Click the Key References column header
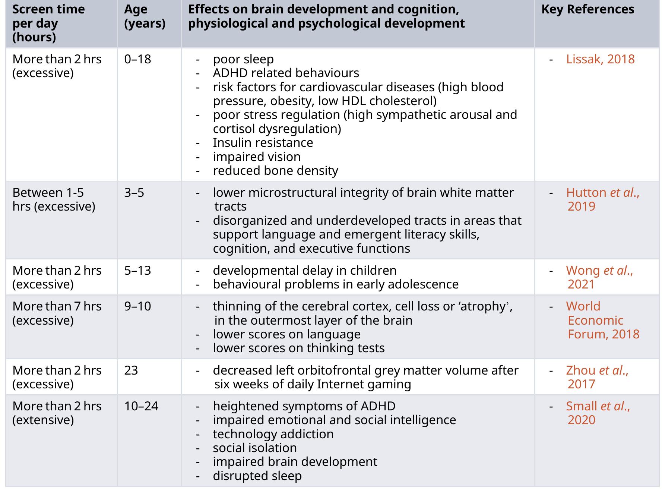point(587,9)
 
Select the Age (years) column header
point(145,16)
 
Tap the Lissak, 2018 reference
point(600,59)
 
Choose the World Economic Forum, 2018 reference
point(602,320)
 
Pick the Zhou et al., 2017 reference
point(597,377)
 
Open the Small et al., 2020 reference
point(598,413)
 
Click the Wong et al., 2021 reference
point(599,277)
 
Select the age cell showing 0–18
point(137,59)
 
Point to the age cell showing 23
point(131,370)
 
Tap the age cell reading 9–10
point(137,306)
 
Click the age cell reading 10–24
point(141,406)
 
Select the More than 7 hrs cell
point(57,313)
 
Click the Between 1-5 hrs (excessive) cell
point(54,199)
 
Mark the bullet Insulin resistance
point(263,143)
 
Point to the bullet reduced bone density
point(275,171)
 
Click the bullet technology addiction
point(273,434)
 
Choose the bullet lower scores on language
point(286,334)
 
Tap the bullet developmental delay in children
point(304,270)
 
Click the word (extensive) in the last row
point(43,420)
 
